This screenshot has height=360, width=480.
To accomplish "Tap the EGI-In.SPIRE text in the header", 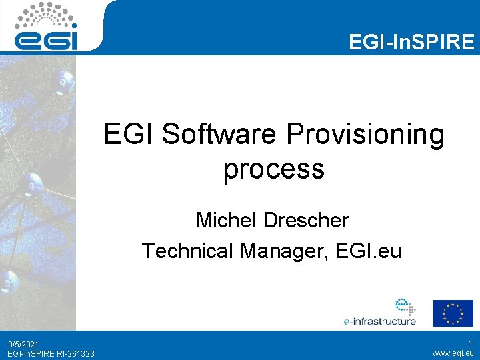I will point(411,43).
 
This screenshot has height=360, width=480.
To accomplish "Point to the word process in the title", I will point(273,169).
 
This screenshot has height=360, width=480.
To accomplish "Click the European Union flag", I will point(453,313).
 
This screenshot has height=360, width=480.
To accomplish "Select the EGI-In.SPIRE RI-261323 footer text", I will point(51,353).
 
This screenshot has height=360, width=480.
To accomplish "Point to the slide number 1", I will point(471,343).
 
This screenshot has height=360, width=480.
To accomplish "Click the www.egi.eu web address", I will point(453,353).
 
